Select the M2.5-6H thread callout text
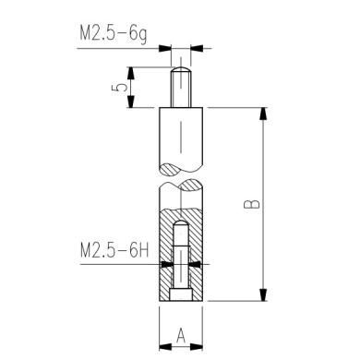coord(114,250)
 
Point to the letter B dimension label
coord(255,204)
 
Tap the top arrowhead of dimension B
coord(265,113)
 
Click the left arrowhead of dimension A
coord(164,347)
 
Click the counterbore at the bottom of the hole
coord(182,294)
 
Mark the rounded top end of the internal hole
coord(182,223)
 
